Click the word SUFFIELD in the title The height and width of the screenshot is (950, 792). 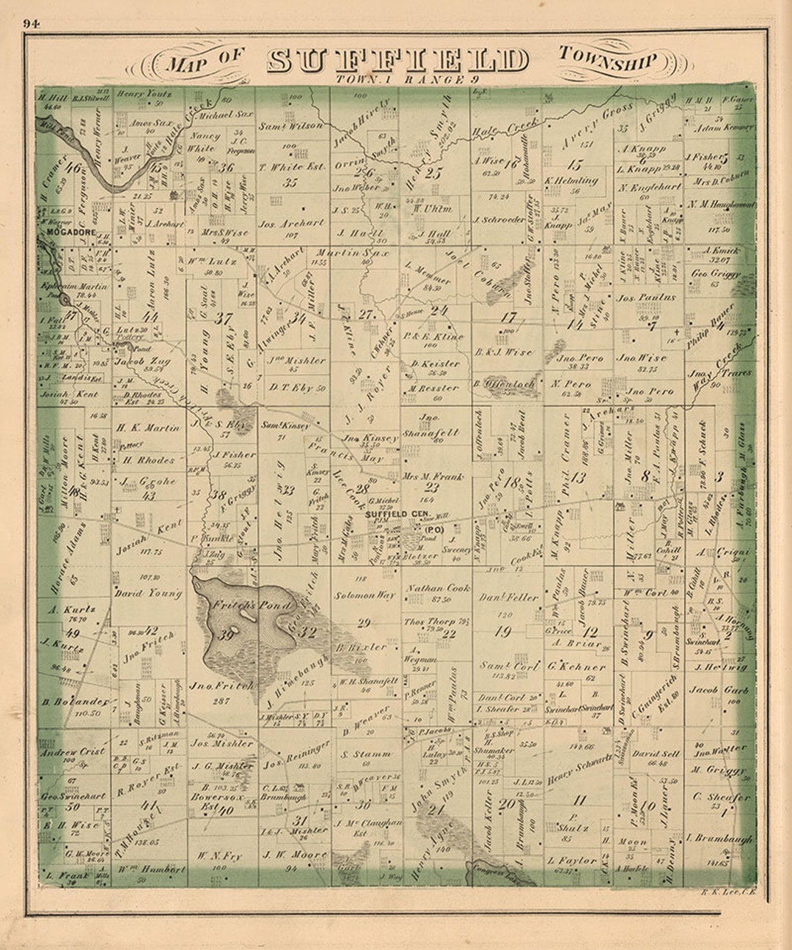coord(397,61)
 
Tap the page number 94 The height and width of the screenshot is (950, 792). coord(31,23)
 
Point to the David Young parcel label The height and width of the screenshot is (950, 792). coord(147,593)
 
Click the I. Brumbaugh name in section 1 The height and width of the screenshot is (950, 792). coord(719,838)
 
